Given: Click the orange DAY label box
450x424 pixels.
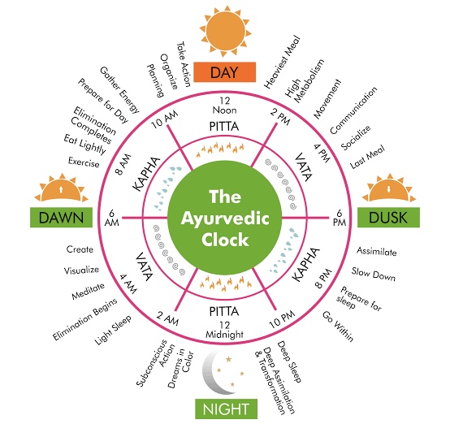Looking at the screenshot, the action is click(x=224, y=72).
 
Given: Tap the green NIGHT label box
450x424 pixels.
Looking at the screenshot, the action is click(x=226, y=409).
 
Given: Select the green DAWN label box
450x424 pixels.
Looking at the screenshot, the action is click(x=61, y=218).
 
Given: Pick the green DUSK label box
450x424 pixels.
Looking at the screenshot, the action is click(x=388, y=218).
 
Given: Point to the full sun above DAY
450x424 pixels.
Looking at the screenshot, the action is click(x=226, y=31).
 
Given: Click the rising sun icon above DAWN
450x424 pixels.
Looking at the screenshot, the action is click(x=61, y=188).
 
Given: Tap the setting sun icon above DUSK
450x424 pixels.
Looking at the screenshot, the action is click(x=389, y=188).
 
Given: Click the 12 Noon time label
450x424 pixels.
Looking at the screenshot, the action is click(x=225, y=106).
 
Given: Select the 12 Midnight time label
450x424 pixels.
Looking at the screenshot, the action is click(x=225, y=330).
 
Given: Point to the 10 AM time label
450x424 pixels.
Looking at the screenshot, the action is click(x=165, y=119).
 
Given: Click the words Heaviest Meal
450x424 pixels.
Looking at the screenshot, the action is click(x=282, y=62).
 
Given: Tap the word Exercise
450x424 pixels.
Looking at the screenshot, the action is click(x=84, y=162).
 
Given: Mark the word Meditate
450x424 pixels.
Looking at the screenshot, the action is click(x=88, y=291).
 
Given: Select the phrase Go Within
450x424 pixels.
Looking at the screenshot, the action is click(x=338, y=327).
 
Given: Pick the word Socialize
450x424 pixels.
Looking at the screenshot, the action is click(x=356, y=137).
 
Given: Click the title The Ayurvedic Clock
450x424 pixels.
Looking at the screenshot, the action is click(x=225, y=218).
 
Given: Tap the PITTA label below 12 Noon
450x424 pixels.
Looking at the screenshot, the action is click(x=224, y=127).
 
